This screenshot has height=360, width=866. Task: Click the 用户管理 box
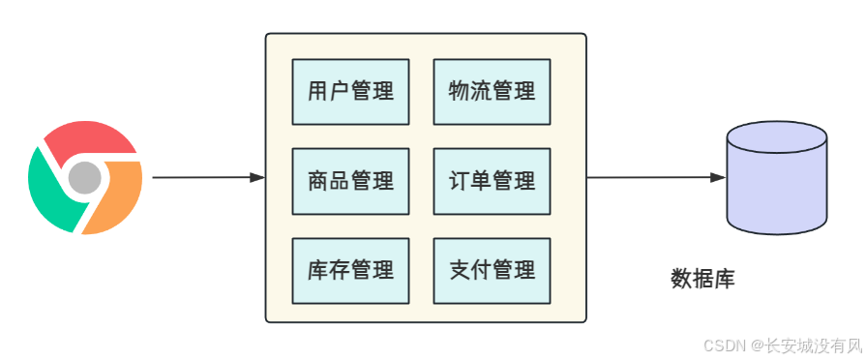(x=350, y=92)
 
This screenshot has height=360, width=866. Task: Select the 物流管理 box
(x=492, y=92)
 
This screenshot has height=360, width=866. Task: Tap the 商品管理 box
(x=350, y=181)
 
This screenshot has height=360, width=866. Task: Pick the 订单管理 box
(x=492, y=181)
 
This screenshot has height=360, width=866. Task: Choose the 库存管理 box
(x=350, y=270)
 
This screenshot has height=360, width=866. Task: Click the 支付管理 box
(x=492, y=270)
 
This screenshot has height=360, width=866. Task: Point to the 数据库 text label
(x=702, y=280)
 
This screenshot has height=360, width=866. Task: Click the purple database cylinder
(x=776, y=189)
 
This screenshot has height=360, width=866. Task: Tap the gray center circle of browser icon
(x=85, y=177)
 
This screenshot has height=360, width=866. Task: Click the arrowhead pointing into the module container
(x=257, y=178)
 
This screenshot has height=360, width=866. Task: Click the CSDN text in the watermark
(x=721, y=345)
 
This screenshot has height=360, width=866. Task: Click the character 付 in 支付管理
(x=481, y=270)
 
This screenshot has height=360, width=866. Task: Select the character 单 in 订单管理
(x=481, y=181)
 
